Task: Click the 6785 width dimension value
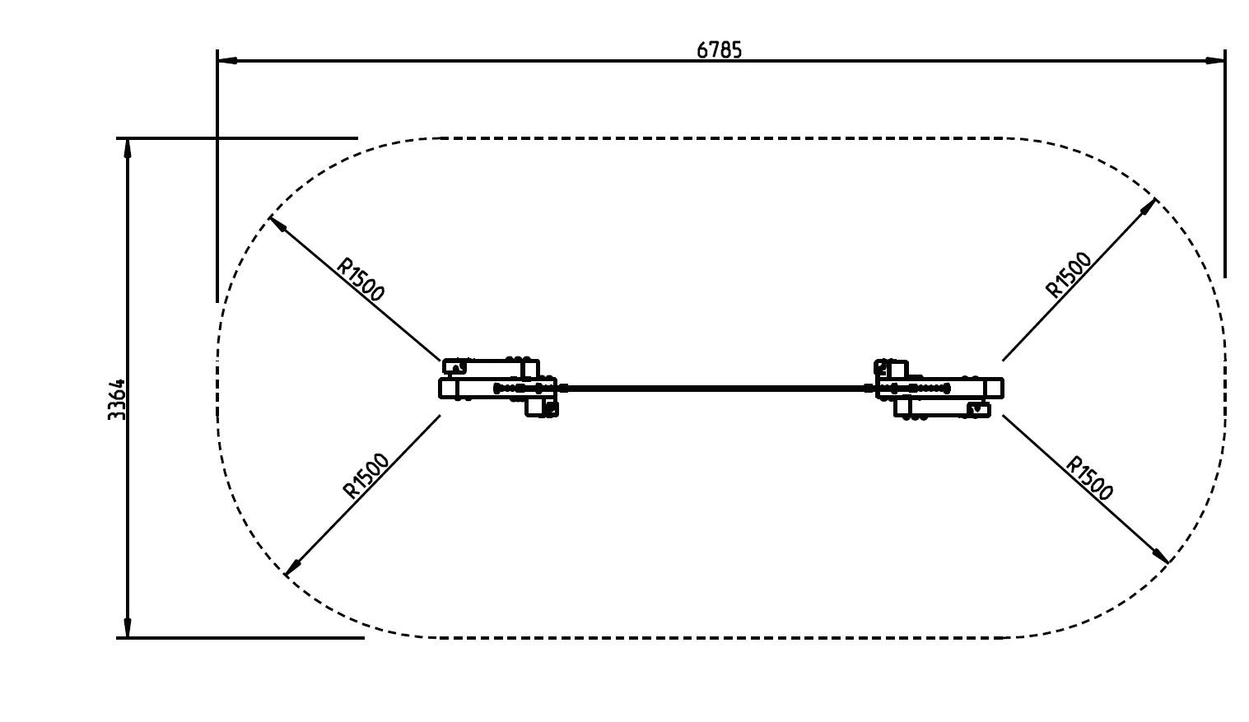(x=719, y=50)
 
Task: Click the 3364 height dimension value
(x=117, y=399)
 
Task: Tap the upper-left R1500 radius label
(x=361, y=279)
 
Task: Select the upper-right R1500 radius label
(x=1068, y=274)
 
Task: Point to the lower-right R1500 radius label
(x=1088, y=478)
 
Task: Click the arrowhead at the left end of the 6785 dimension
(x=227, y=60)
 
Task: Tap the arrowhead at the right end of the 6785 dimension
(x=1215, y=60)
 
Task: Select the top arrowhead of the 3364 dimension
(x=127, y=148)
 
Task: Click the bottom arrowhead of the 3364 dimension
(x=127, y=627)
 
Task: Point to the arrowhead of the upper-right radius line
(x=1149, y=206)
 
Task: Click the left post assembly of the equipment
(x=499, y=388)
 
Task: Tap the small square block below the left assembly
(x=541, y=408)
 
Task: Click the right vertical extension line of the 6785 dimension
(x=1224, y=165)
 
